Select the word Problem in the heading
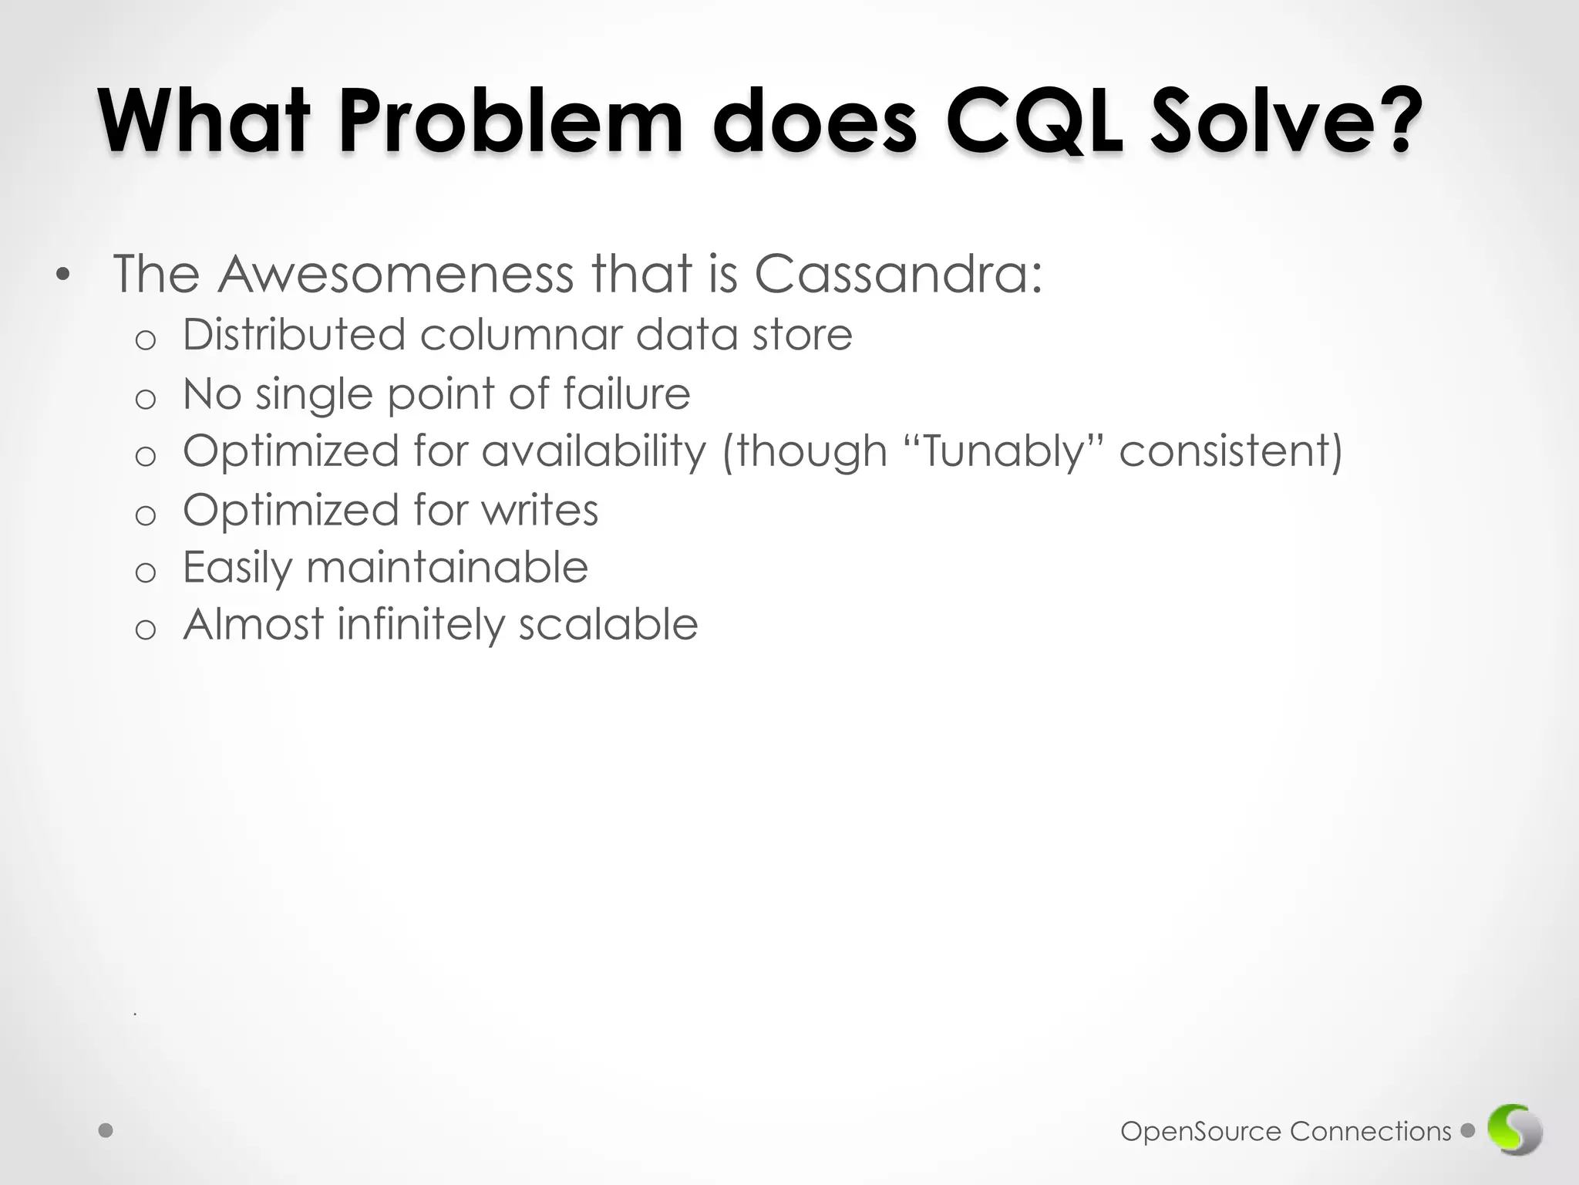point(510,122)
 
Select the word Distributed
point(294,335)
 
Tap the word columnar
point(521,335)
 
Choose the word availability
point(594,451)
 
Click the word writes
point(540,510)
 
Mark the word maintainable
point(447,567)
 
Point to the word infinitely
point(420,624)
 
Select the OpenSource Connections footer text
point(1285,1132)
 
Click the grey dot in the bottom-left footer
point(106,1131)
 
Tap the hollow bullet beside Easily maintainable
point(146,572)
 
